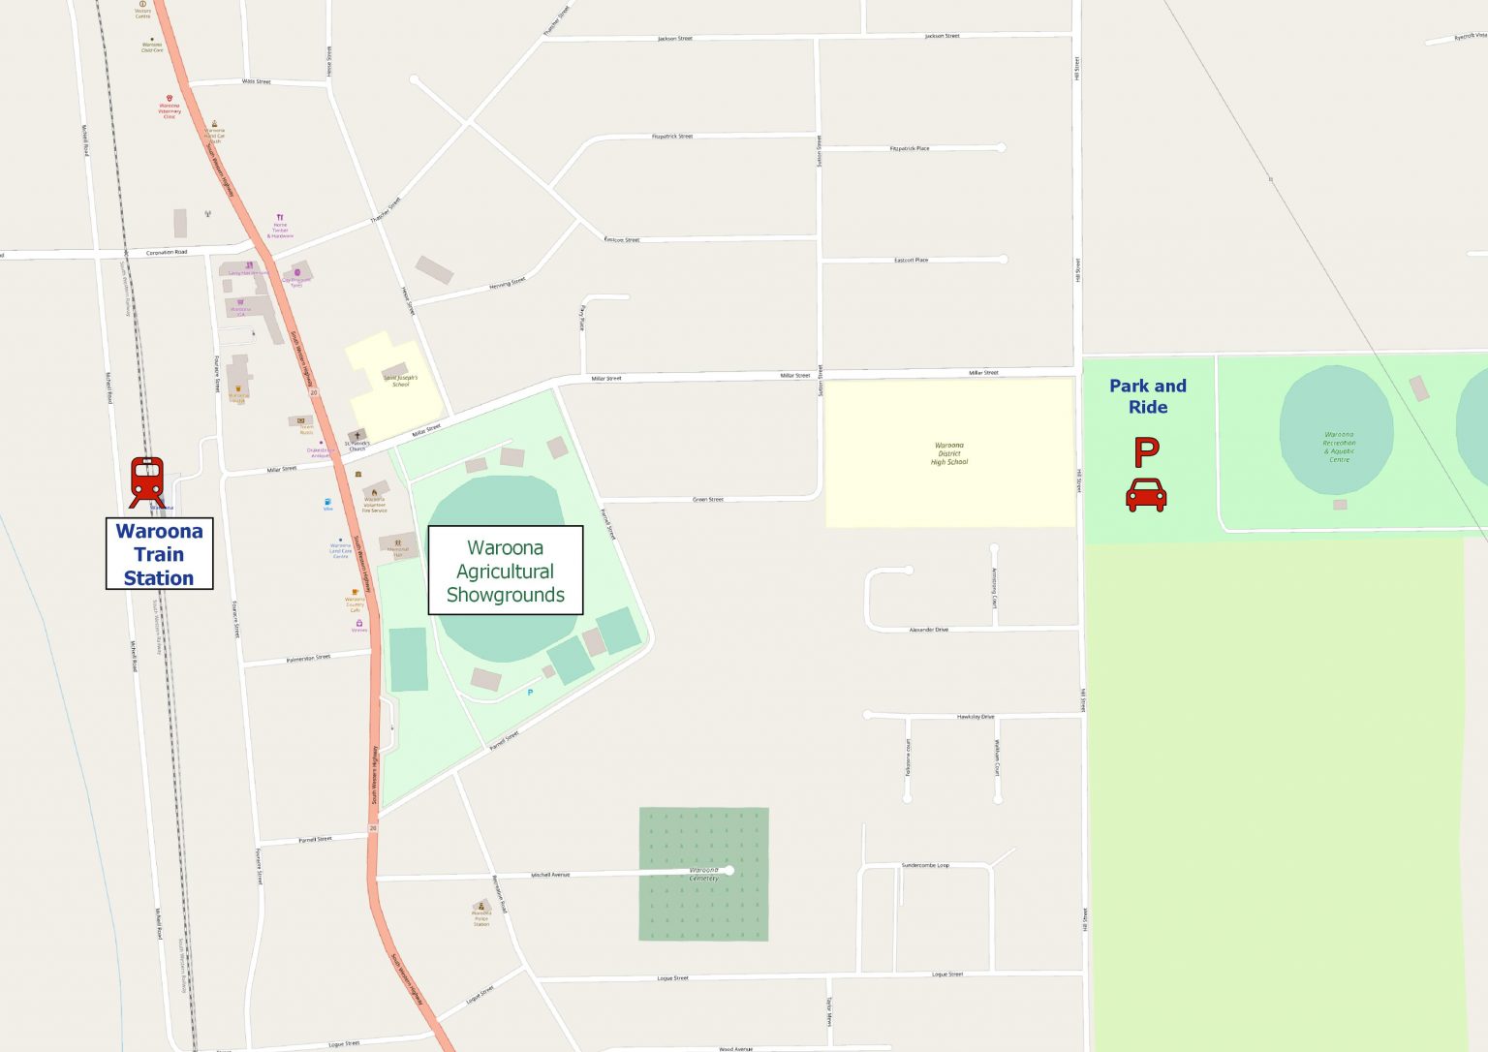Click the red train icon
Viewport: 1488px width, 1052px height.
coord(146,481)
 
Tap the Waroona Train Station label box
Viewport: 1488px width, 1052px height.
coord(159,554)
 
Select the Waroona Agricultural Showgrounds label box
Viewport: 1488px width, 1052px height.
coord(506,571)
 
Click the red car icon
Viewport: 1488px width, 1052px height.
coord(1146,494)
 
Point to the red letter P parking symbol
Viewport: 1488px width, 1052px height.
coord(1146,452)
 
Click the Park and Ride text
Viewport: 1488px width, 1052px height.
coord(1148,396)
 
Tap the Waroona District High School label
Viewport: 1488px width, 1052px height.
coord(950,453)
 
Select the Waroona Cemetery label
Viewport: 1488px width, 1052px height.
coord(704,874)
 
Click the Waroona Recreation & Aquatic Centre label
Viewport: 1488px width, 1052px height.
coord(1339,448)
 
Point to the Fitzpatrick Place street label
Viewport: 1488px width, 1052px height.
coord(909,149)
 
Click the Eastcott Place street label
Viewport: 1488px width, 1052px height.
coord(911,261)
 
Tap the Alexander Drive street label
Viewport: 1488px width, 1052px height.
coord(928,630)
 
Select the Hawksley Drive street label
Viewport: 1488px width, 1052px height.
coord(975,717)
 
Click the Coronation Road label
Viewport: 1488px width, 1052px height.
coord(167,253)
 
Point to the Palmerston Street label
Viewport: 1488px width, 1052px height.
coord(308,659)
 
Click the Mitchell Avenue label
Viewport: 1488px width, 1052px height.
coord(550,875)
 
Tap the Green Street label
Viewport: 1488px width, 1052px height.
coord(707,500)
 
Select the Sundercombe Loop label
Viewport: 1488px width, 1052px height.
coord(925,865)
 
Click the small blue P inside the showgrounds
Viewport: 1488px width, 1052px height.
coord(530,693)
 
